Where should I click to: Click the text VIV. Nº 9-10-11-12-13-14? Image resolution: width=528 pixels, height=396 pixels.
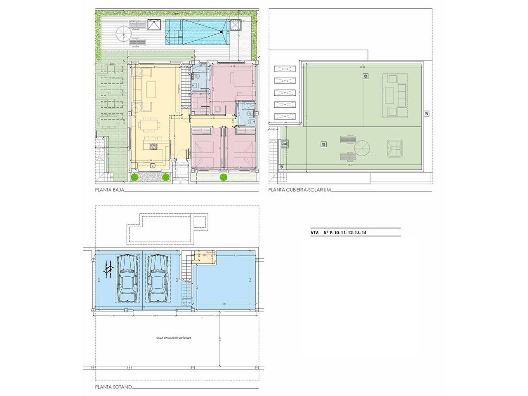pos(339,233)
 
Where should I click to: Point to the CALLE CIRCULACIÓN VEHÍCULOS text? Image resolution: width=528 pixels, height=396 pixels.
pos(174,337)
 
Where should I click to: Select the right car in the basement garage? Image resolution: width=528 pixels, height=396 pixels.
pos(158,279)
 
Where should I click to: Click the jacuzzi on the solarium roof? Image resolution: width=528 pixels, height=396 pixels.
pos(395,148)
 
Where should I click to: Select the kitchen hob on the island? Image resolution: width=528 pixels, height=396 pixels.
pos(154,145)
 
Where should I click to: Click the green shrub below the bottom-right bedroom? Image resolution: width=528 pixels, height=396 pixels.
pos(223,177)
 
